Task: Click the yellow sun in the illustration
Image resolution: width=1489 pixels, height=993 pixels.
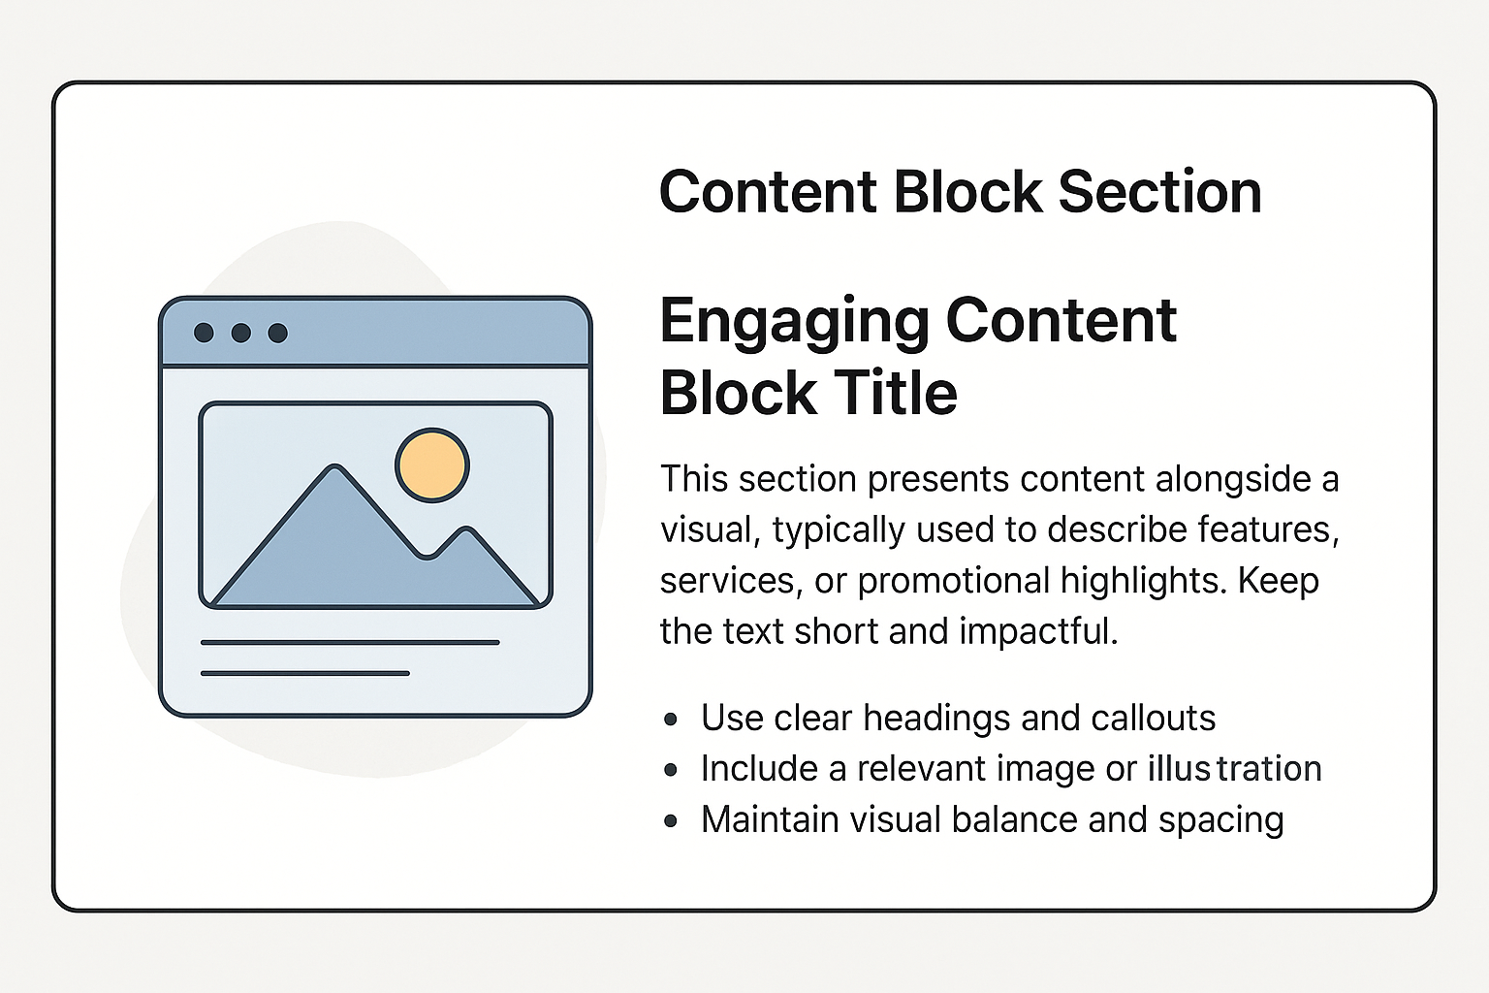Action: (432, 465)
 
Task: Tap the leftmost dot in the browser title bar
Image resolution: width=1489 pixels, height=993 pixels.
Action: (204, 333)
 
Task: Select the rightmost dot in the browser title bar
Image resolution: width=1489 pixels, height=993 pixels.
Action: (278, 333)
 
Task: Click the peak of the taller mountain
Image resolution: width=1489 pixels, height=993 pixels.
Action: (335, 469)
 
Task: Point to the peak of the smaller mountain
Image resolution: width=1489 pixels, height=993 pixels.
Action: (466, 531)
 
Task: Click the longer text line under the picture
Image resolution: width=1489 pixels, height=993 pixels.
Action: (350, 642)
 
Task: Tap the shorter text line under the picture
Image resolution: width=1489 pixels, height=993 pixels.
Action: (304, 672)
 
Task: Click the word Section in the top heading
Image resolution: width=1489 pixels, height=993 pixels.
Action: (1159, 191)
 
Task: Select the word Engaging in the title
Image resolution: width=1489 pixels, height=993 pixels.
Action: (794, 322)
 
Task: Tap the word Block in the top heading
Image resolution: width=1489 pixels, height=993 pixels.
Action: (966, 191)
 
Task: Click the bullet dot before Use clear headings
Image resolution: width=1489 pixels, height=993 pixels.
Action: (671, 720)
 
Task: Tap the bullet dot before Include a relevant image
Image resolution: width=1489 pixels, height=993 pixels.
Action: (671, 770)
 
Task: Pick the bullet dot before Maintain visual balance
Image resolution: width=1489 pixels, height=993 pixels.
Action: (671, 820)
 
